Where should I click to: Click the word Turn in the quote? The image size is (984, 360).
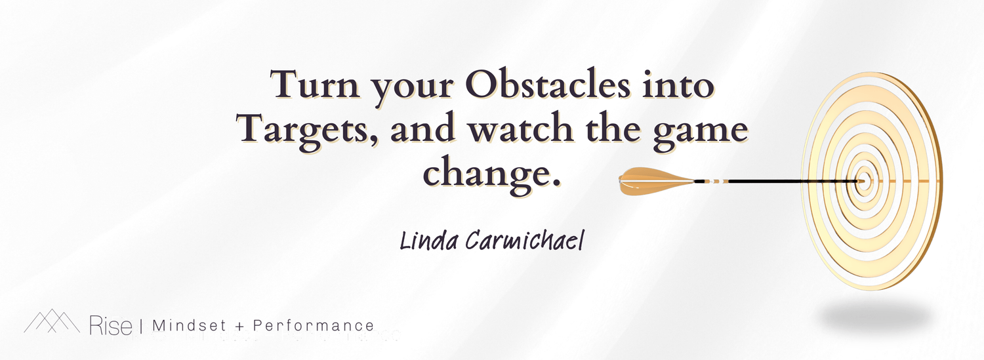pos(315,84)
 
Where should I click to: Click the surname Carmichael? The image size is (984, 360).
pos(525,241)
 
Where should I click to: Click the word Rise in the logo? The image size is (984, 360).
pos(111,325)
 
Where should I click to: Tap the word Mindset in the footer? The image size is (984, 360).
pos(190,326)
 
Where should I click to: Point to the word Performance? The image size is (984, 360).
pos(314,326)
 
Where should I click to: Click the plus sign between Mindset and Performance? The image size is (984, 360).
pos(239,326)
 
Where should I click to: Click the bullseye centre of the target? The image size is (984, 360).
pos(863,181)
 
